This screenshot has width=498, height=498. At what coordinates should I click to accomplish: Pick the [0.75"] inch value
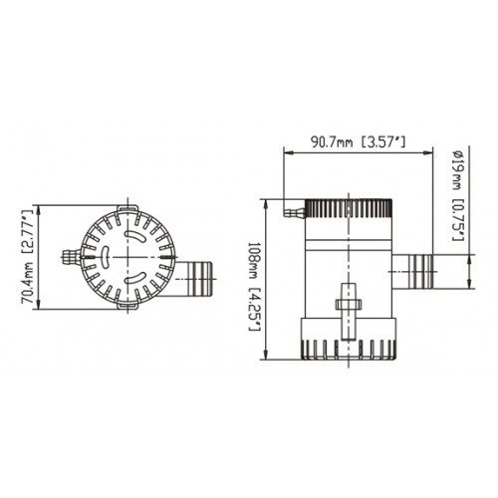pyautogui.click(x=453, y=221)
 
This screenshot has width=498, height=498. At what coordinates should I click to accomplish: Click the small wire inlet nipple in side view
pyautogui.click(x=290, y=211)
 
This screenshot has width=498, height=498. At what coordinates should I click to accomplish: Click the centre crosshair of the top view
pyautogui.click(x=128, y=257)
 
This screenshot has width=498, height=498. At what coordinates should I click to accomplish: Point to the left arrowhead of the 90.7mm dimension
pyautogui.click(x=288, y=153)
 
